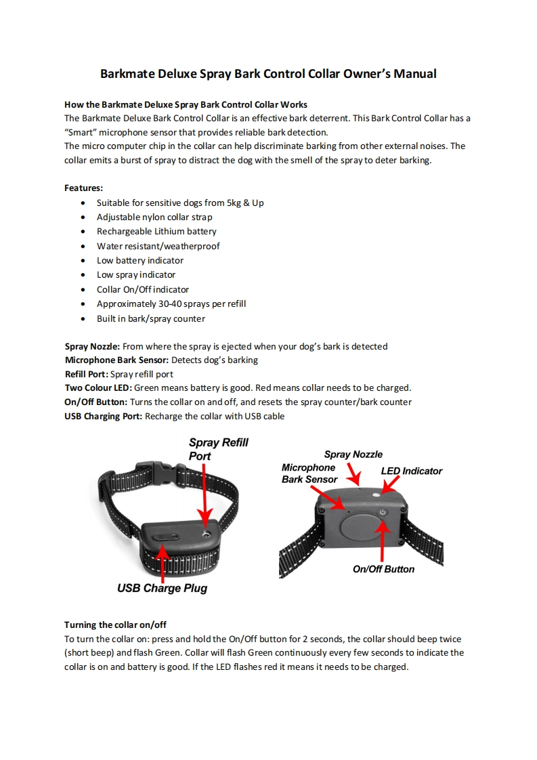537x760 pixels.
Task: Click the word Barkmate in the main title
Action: point(127,74)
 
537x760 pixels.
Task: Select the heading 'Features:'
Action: point(83,188)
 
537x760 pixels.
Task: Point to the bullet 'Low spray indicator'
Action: point(135,275)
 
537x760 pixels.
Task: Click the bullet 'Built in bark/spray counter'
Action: point(150,318)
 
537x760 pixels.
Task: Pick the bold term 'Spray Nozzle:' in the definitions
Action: point(92,346)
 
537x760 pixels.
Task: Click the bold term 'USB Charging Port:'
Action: point(103,416)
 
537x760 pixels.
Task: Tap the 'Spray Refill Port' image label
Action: point(218,449)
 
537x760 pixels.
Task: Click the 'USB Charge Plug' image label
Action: point(162,588)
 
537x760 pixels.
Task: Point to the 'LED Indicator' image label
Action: point(411,471)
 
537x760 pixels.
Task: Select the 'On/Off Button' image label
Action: point(383,569)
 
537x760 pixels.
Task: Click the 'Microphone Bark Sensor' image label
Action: point(309,473)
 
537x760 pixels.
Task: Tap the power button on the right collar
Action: point(383,513)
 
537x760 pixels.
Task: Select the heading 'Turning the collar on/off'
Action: point(115,625)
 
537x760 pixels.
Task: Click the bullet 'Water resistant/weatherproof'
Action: point(158,246)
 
